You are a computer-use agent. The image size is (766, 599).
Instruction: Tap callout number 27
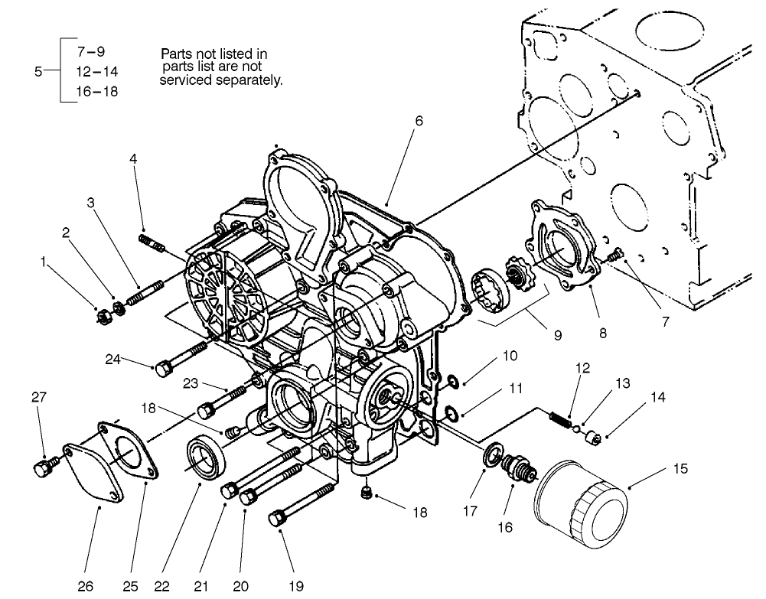tap(38, 396)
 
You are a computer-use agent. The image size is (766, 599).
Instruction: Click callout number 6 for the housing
tap(419, 121)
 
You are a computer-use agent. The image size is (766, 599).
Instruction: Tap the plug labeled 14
tap(592, 438)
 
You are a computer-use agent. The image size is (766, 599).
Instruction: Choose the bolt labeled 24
tap(181, 358)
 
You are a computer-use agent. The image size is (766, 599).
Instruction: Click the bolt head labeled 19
tap(276, 519)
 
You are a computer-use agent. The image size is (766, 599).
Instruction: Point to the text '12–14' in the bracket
tap(96, 72)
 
